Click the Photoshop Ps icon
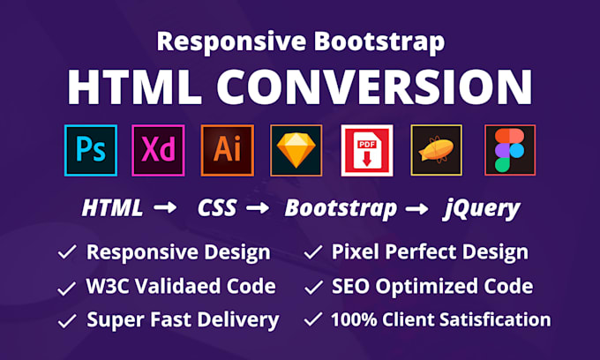pos(90,150)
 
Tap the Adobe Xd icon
pos(157,150)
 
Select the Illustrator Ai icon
pos(227,150)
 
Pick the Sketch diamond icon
pos(297,150)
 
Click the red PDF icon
pos(367,150)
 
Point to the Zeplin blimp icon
pos(437,150)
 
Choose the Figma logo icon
pos(509,150)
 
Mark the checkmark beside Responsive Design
pos(67,253)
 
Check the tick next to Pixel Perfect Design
pos(312,253)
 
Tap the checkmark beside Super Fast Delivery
pos(67,319)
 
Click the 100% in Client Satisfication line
pos(358,319)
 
